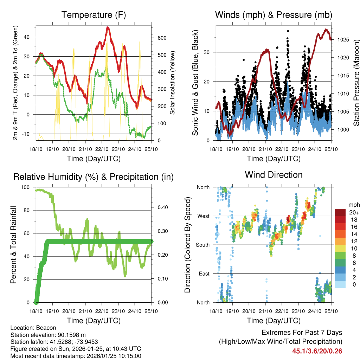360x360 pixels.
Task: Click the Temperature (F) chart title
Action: (x=94, y=15)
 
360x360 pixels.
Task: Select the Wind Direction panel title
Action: (x=274, y=175)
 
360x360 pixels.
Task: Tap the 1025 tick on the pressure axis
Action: (x=343, y=40)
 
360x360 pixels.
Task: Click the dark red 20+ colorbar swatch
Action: (x=340, y=212)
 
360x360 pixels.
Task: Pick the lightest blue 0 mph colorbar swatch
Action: (x=340, y=285)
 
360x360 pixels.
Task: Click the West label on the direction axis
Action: (x=203, y=216)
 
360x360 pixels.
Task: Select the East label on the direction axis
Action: (x=204, y=274)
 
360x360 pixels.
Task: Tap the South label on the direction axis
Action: (x=202, y=245)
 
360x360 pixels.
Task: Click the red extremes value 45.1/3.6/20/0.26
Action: (x=317, y=351)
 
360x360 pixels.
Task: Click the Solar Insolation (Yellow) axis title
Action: (x=173, y=83)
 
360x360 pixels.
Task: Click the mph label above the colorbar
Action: (x=354, y=205)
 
